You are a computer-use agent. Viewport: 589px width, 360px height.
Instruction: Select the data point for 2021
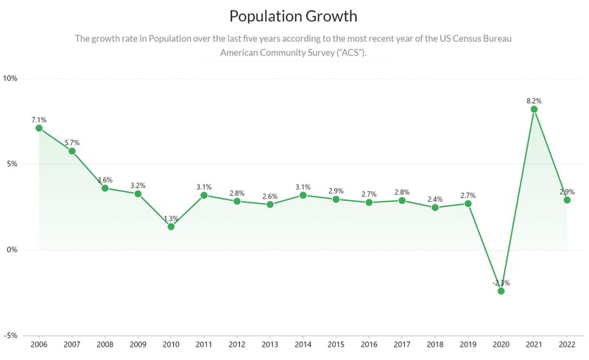(534, 109)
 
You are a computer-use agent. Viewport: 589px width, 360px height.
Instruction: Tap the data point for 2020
(501, 291)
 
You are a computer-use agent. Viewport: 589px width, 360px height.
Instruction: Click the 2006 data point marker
(39, 128)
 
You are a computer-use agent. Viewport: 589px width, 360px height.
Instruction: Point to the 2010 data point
(171, 227)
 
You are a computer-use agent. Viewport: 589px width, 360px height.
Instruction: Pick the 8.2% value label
(534, 99)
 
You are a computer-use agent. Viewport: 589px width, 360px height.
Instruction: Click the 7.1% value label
(39, 119)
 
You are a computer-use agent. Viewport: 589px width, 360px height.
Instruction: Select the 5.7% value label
(72, 142)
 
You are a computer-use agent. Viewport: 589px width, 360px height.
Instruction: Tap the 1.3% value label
(171, 218)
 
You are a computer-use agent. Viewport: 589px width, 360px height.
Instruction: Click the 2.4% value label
(435, 199)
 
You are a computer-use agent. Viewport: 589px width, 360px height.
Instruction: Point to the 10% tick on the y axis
(12, 78)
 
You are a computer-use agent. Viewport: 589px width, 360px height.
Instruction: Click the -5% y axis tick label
(11, 336)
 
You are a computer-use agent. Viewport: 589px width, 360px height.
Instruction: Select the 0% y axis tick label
(13, 250)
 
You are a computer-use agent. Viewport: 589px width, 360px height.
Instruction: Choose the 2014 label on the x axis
(303, 344)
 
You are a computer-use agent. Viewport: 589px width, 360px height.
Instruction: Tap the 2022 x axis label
(567, 344)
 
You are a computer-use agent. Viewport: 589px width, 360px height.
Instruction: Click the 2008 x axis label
(105, 344)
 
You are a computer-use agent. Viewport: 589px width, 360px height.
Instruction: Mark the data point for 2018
(435, 208)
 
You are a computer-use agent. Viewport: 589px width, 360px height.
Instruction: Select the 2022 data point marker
(567, 200)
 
